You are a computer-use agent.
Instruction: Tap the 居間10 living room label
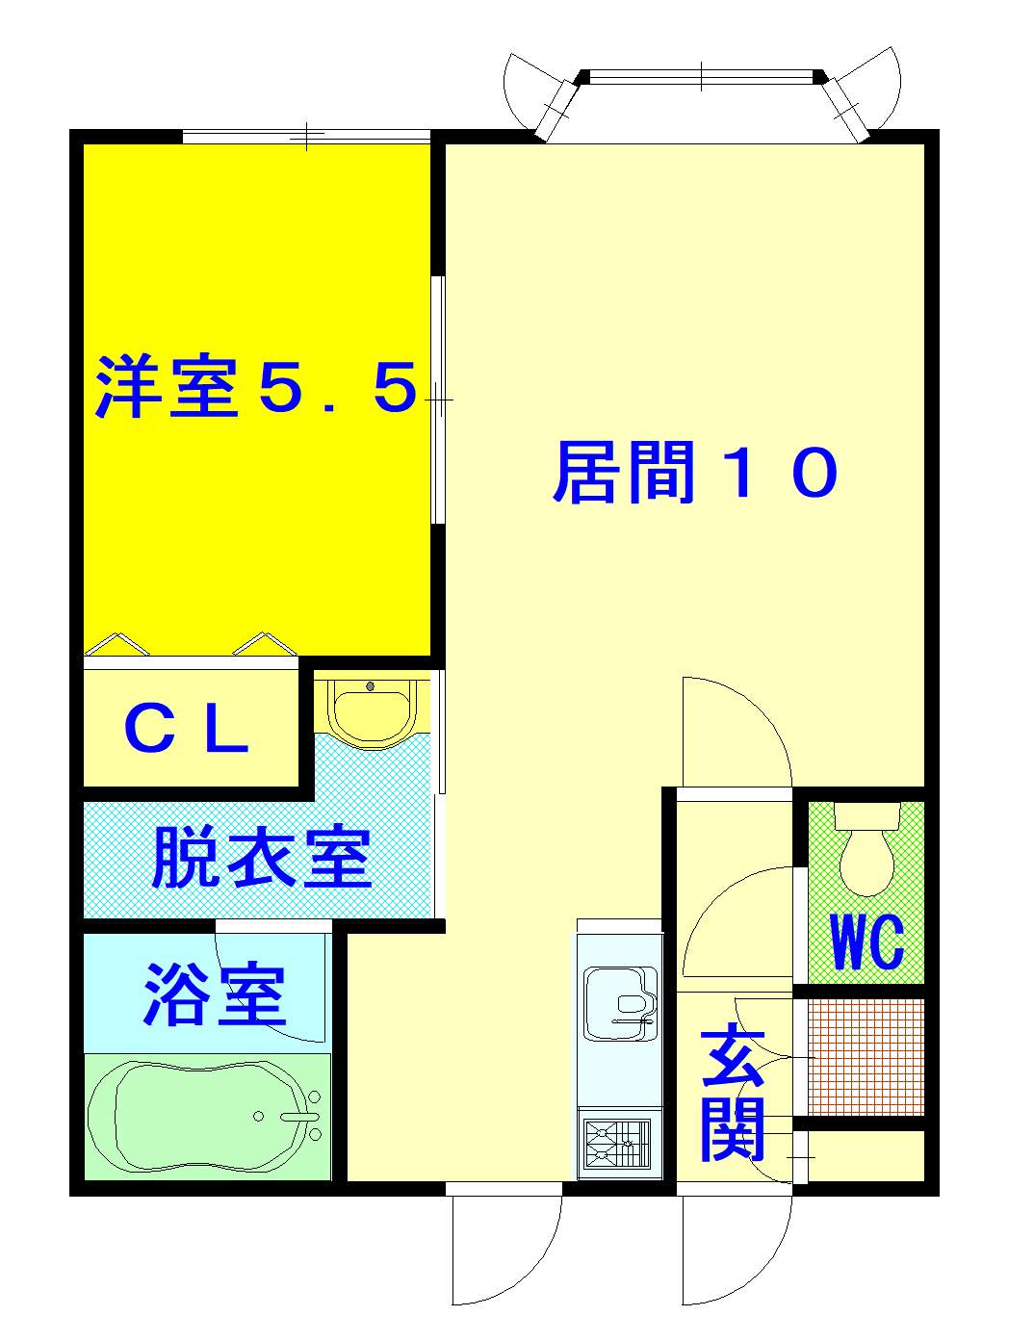coord(694,472)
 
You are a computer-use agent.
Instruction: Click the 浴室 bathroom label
coord(214,994)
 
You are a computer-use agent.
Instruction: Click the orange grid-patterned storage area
coord(866,1057)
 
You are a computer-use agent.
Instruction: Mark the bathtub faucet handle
coord(299,1116)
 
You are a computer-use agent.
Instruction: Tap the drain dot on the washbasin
coord(371,686)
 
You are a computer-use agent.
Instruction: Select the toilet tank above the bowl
coord(867,815)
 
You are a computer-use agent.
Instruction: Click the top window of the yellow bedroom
coord(307,136)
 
